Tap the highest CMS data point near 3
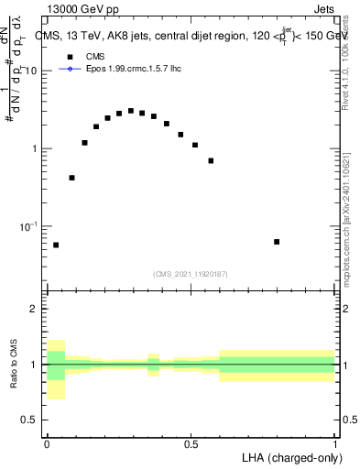point(131,111)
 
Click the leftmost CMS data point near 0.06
point(56,245)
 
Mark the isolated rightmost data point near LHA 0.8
point(277,242)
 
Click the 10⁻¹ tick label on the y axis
point(30,226)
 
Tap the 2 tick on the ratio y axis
point(37,309)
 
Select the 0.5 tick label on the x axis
point(191,444)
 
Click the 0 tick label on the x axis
point(47,444)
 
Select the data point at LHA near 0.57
point(211,160)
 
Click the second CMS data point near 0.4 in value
point(71,178)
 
